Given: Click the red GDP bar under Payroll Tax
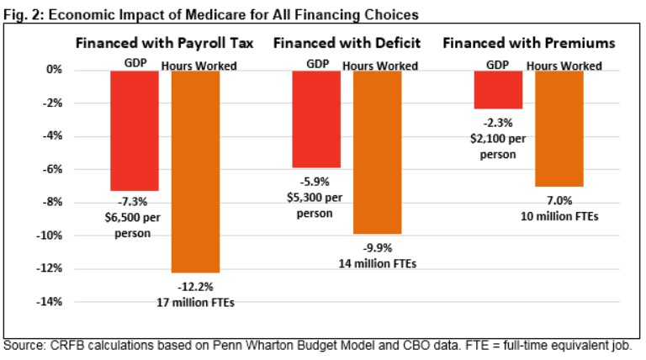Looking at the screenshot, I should (135, 130).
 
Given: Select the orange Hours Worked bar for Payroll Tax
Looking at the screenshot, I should (195, 172).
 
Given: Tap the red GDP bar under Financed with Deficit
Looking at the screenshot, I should (316, 119).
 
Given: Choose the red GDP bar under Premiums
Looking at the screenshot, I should (498, 89).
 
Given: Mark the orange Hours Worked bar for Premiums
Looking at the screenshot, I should (559, 128).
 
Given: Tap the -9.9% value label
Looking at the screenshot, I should (377, 248).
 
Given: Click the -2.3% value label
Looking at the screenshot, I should (499, 122).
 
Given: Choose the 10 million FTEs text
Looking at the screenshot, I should (559, 215).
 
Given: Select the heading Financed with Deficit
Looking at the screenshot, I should (347, 43).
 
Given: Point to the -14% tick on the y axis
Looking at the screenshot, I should (50, 301).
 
